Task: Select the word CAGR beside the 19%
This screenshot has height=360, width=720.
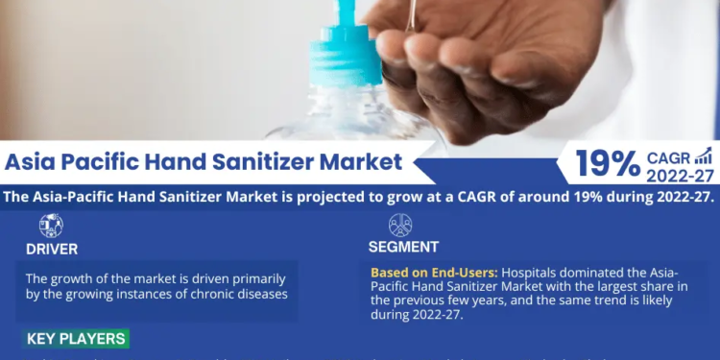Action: click(x=668, y=157)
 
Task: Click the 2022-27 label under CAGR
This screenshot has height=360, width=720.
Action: click(x=680, y=176)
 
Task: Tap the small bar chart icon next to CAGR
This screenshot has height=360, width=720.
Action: click(x=704, y=156)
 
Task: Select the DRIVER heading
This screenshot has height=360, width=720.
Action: click(x=53, y=248)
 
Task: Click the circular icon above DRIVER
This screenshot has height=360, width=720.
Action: click(x=51, y=226)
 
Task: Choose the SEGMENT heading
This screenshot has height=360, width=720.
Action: click(x=403, y=248)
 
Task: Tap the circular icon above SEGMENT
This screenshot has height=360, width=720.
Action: click(x=400, y=226)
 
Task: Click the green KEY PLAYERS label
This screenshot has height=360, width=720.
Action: click(x=76, y=339)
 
